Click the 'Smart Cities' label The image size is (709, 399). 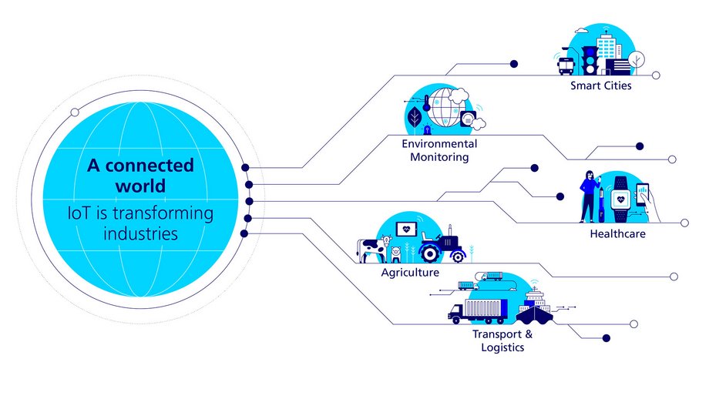(x=600, y=85)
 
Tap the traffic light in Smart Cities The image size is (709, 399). (x=588, y=58)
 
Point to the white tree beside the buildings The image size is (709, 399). (x=636, y=59)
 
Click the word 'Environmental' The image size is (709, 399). (x=439, y=144)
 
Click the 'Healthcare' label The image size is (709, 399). (x=617, y=233)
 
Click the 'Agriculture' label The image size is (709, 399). (x=410, y=273)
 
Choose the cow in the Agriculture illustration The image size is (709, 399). (x=369, y=250)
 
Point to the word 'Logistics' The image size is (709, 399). (x=499, y=347)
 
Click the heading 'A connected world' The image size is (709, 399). (x=139, y=176)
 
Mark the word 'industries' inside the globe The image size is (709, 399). (x=139, y=232)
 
